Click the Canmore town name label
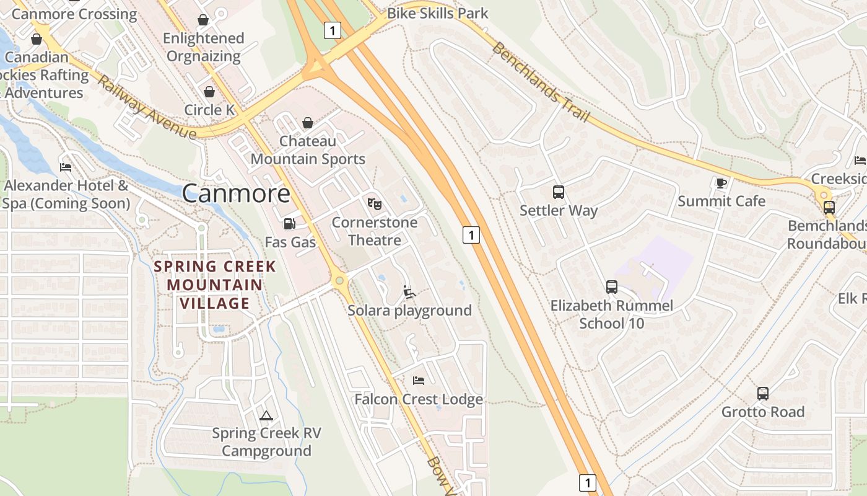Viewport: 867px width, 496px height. (236, 193)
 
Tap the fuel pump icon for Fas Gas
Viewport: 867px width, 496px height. (289, 224)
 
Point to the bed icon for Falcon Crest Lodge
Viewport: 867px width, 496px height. (419, 380)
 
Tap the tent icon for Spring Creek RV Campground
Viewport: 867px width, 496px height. (266, 415)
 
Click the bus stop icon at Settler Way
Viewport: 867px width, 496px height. (559, 192)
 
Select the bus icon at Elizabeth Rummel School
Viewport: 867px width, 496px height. (612, 287)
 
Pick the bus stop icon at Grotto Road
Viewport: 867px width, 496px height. (763, 394)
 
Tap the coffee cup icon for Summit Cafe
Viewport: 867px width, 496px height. (721, 183)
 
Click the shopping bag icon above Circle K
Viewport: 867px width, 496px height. (209, 92)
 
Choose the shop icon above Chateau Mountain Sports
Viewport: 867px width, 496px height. (308, 123)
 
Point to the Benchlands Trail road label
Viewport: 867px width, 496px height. (540, 82)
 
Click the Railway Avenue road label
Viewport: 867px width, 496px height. (146, 108)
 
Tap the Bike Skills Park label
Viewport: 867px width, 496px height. (437, 13)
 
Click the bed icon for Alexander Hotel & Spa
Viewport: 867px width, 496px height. (66, 167)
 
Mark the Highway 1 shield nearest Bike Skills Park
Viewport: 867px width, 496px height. (333, 30)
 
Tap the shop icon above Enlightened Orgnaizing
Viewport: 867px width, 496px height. (203, 20)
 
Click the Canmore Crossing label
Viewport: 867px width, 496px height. (74, 14)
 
